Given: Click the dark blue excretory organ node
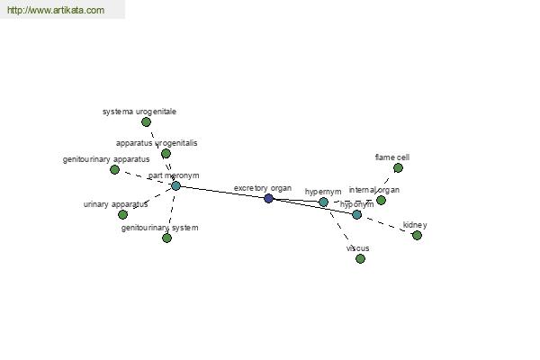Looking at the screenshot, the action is click(268, 198).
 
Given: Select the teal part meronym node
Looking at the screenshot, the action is click(176, 186).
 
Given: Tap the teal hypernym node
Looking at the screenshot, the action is click(323, 202).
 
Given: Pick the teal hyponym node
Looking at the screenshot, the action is click(356, 214).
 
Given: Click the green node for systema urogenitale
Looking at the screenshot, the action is click(146, 122).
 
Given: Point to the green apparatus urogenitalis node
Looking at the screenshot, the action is click(166, 153).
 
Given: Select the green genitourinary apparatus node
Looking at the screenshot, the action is click(114, 169).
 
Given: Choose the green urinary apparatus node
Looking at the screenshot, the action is click(122, 214).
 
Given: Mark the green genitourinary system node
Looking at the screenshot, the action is click(167, 238).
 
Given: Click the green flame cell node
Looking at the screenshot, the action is click(398, 167).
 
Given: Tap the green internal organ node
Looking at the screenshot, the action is click(381, 200).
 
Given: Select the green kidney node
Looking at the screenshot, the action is click(417, 235).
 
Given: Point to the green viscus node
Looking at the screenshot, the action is click(360, 258).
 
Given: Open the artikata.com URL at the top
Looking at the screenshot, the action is click(56, 10).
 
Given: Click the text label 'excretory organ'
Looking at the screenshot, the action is click(263, 188).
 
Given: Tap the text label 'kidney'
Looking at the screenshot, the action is click(415, 225).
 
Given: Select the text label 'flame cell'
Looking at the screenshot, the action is click(392, 157).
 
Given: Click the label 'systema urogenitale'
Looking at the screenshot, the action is click(139, 112).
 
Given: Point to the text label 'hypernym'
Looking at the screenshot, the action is click(323, 192).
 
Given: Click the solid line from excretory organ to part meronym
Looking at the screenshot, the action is click(222, 193).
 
